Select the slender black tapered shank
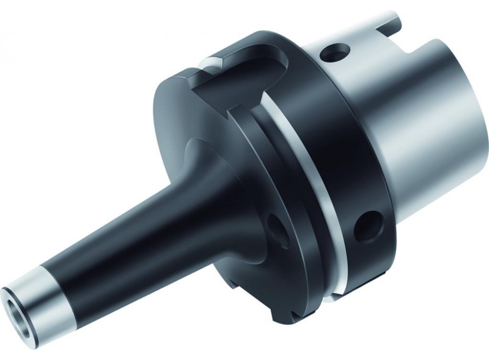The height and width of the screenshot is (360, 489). click(x=122, y=235)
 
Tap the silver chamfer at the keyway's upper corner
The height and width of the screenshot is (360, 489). click(x=210, y=63)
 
